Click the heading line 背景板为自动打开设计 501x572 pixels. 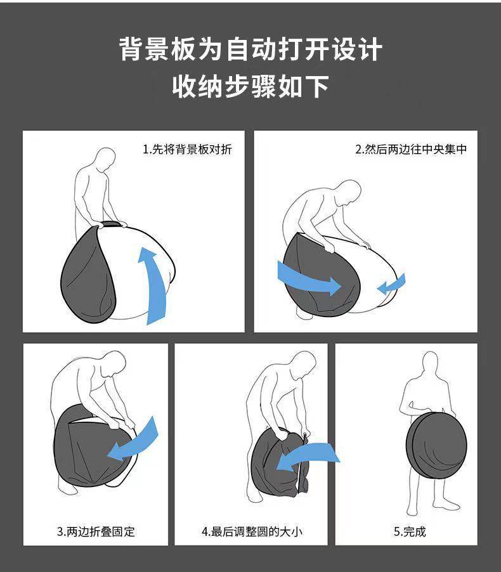[x=251, y=49]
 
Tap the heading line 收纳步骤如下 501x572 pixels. [x=251, y=86]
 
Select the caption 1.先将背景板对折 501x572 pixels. [x=187, y=150]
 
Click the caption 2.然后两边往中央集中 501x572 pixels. [x=411, y=150]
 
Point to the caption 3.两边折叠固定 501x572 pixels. [x=96, y=531]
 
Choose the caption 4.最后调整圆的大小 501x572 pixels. [x=252, y=531]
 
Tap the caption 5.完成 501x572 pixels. [x=410, y=531]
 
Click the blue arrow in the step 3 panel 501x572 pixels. [x=135, y=439]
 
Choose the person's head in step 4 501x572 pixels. [x=303, y=365]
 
